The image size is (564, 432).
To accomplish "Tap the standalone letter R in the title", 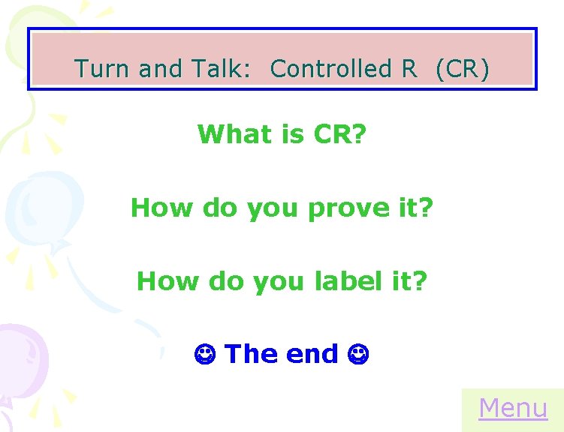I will pyautogui.click(x=409, y=69).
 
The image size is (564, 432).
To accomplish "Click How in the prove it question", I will pyautogui.click(x=159, y=208).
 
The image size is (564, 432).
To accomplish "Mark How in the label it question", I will pyautogui.click(x=165, y=281).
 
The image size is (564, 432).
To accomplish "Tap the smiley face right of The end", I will pyautogui.click(x=357, y=353).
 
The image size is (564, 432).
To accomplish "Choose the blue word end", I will pyautogui.click(x=311, y=353).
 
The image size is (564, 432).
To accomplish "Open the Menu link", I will pyautogui.click(x=513, y=408).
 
